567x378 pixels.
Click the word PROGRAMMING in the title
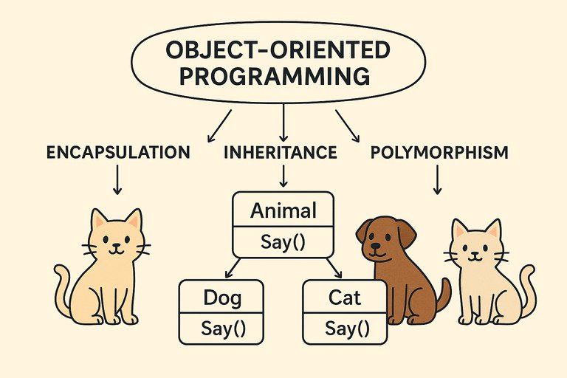275,75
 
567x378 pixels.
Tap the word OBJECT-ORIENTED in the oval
278,50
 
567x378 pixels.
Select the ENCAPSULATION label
118,152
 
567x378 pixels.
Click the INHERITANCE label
281,152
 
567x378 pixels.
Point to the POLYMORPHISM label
439,152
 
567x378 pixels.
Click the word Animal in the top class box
283,210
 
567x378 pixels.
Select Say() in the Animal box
283,242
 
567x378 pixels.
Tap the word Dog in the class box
222,298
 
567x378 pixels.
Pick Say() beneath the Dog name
223,329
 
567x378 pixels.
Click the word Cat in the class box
345,298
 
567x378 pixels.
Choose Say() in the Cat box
347,329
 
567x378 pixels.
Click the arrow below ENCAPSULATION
117,180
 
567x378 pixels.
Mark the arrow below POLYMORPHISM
438,180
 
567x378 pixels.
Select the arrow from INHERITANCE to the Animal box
283,176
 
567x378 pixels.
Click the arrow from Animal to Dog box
233,268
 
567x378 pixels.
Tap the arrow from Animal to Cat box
334,268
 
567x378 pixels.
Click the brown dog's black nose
377,246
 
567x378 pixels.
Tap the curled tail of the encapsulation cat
63,289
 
